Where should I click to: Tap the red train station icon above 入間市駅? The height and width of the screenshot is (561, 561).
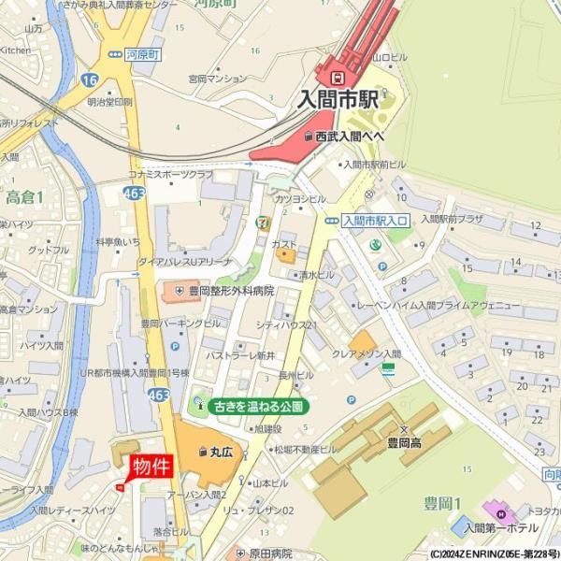338,75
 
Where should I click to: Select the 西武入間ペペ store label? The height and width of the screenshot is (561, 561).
349,137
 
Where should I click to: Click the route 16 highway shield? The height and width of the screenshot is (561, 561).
90,82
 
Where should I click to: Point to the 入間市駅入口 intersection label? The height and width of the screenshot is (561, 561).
374,221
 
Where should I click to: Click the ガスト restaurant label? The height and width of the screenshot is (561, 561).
283,244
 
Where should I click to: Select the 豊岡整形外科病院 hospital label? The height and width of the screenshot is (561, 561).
230,292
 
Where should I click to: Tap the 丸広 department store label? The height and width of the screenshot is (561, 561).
220,452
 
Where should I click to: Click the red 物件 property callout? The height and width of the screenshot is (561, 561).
150,467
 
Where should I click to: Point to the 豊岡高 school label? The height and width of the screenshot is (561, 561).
404,444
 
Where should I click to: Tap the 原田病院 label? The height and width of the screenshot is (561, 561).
270,554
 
